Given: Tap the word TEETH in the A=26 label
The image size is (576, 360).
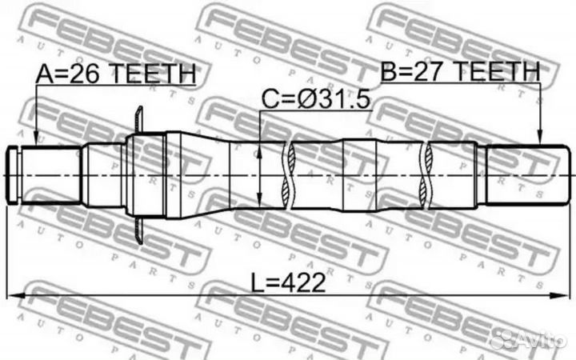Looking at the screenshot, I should (151, 74).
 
